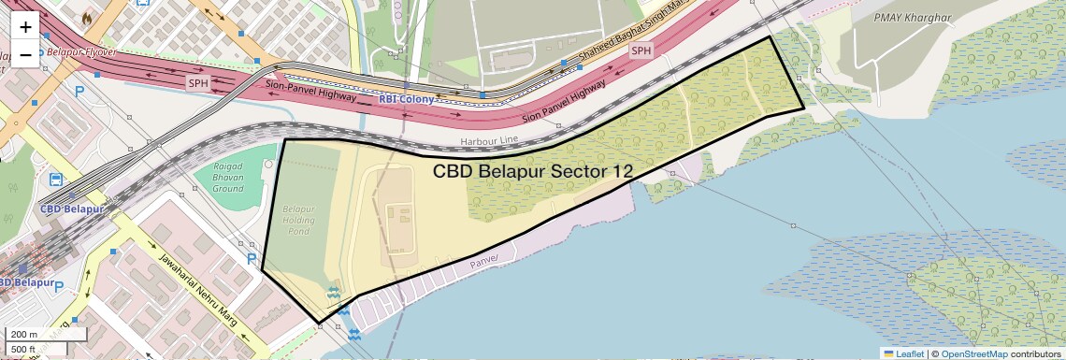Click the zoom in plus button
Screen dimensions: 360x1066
point(25,27)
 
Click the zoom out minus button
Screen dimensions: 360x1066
point(25,54)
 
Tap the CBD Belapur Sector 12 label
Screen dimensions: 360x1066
point(533,171)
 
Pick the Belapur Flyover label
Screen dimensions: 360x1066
point(80,52)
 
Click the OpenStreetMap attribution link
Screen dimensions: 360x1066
point(974,353)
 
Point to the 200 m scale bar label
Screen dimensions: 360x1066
point(24,334)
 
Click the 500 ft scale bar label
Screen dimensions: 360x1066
point(24,349)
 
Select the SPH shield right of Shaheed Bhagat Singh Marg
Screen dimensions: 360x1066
point(640,50)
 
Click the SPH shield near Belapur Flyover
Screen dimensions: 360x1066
point(198,82)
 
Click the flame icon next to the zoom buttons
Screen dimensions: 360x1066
point(87,17)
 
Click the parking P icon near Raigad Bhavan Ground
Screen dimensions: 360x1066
point(251,258)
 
